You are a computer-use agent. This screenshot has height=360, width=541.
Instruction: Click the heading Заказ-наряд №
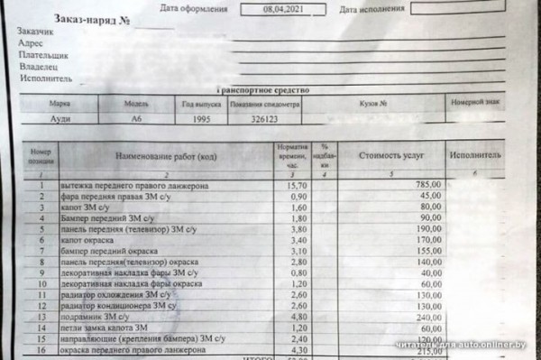[x=94, y=17]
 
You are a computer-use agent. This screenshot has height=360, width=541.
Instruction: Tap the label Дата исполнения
[x=374, y=9]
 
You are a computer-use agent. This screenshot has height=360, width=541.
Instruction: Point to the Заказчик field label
[x=36, y=33]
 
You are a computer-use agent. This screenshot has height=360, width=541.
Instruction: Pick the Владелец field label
[x=38, y=68]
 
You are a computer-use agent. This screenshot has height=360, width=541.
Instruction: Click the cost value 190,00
[x=427, y=229]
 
